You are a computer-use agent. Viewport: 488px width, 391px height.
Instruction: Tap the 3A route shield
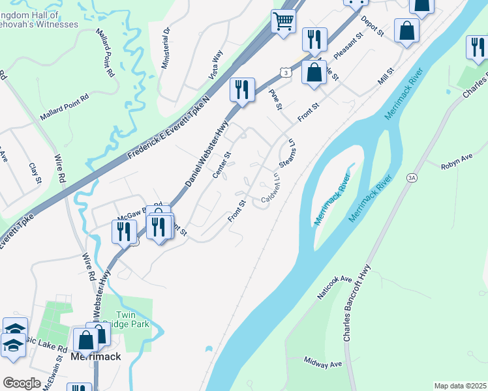(x=411, y=177)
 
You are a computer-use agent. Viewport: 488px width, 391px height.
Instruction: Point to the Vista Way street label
(x=216, y=65)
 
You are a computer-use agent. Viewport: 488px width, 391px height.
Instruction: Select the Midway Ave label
(x=323, y=362)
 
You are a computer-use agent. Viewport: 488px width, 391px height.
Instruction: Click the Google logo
(x=22, y=383)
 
